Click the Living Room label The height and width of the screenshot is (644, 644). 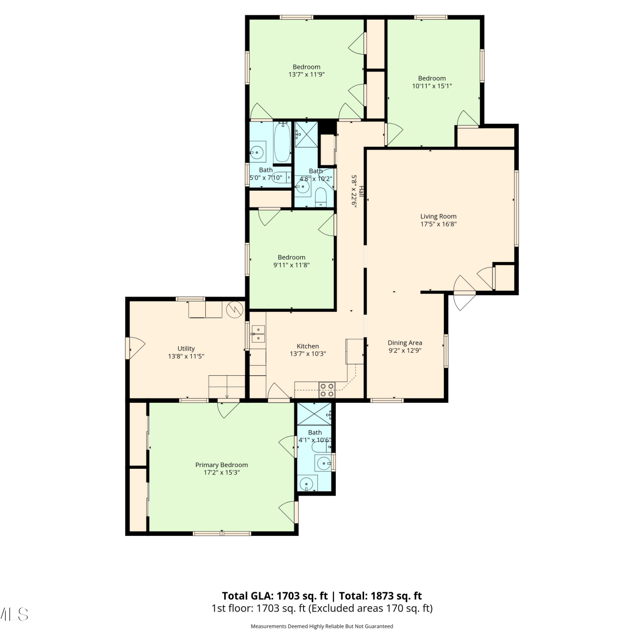tap(438, 216)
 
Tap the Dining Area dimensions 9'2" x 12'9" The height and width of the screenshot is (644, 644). tap(405, 350)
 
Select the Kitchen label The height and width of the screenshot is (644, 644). tap(308, 346)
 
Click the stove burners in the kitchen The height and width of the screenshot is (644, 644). tap(327, 390)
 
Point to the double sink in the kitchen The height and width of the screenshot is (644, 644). tap(258, 334)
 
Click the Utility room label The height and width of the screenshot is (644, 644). tap(186, 349)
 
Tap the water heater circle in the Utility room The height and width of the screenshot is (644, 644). tap(235, 309)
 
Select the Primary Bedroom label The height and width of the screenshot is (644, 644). tap(222, 465)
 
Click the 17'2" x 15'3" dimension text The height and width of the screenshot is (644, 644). tap(222, 473)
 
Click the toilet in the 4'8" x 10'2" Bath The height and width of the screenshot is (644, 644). tap(321, 197)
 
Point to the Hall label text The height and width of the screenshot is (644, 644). tap(362, 191)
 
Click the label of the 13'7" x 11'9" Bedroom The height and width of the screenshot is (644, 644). tap(307, 67)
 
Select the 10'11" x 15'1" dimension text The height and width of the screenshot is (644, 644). tap(432, 86)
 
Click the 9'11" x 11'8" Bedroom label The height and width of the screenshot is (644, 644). tap(292, 258)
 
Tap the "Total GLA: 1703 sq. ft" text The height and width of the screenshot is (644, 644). tap(275, 596)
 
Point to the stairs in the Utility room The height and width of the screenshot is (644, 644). tap(227, 387)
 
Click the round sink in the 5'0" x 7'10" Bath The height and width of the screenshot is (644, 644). tap(257, 152)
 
